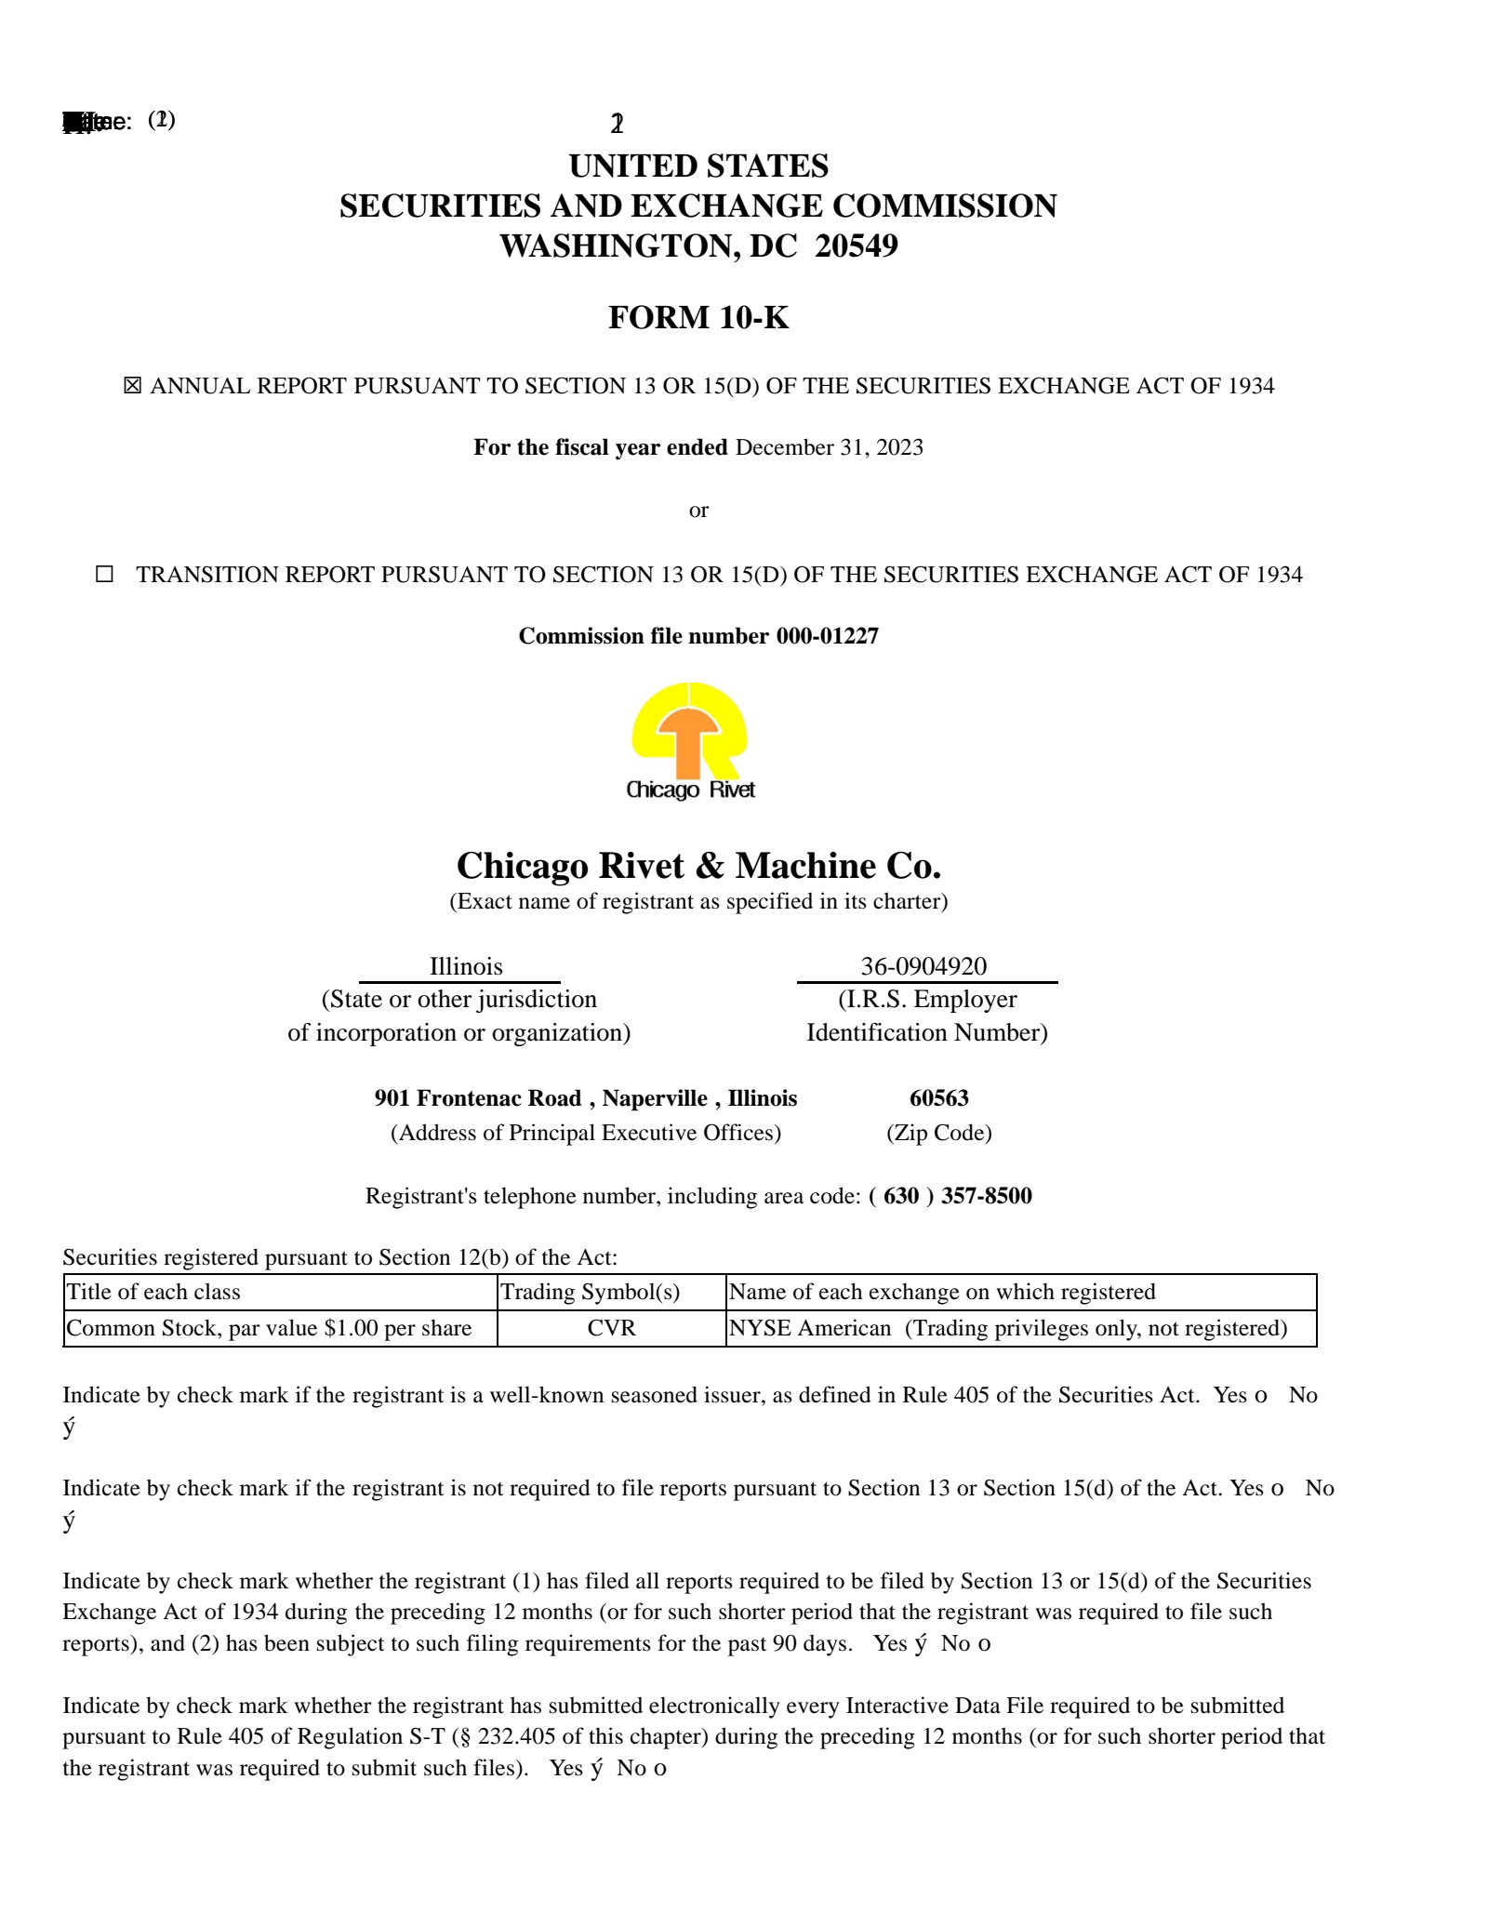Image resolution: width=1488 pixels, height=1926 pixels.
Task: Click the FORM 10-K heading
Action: click(697, 318)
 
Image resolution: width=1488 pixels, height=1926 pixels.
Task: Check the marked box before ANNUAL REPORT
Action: click(133, 386)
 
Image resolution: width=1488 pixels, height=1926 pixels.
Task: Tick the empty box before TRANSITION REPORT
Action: click(105, 575)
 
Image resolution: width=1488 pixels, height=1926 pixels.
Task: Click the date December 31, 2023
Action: click(829, 448)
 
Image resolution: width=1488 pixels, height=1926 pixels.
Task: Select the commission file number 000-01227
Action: click(827, 637)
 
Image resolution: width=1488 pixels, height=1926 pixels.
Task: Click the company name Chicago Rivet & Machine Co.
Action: click(698, 866)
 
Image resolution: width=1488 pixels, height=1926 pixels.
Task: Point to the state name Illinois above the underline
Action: click(466, 966)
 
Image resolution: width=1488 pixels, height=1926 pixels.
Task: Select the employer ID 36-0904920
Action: click(923, 966)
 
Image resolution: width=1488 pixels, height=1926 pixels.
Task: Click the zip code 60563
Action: click(938, 1098)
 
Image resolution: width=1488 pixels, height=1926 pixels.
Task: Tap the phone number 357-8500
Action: click(986, 1196)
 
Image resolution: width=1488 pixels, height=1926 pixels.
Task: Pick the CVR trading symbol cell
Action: click(611, 1328)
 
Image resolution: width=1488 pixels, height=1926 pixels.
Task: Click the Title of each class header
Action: click(153, 1292)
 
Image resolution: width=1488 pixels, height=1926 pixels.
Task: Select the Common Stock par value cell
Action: click(270, 1328)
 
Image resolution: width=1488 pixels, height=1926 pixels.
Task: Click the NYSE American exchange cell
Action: click(1007, 1328)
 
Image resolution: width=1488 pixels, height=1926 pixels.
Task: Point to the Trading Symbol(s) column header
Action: click(591, 1292)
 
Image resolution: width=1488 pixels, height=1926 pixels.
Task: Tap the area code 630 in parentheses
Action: click(900, 1196)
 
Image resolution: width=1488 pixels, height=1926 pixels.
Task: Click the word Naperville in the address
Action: click(655, 1098)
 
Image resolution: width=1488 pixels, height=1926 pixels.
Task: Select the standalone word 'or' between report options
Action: click(698, 511)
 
